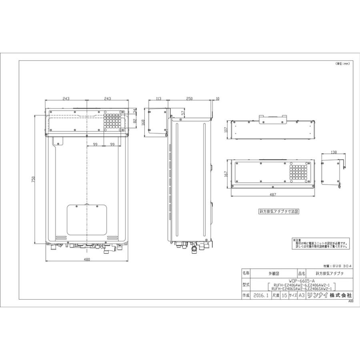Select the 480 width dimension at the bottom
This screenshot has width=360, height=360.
click(87, 260)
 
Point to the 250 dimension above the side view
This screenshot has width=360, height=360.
click(190, 98)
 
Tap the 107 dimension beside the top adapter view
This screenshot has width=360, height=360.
click(226, 129)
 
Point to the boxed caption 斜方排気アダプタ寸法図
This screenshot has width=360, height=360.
click(279, 210)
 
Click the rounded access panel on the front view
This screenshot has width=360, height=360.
click(87, 220)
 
